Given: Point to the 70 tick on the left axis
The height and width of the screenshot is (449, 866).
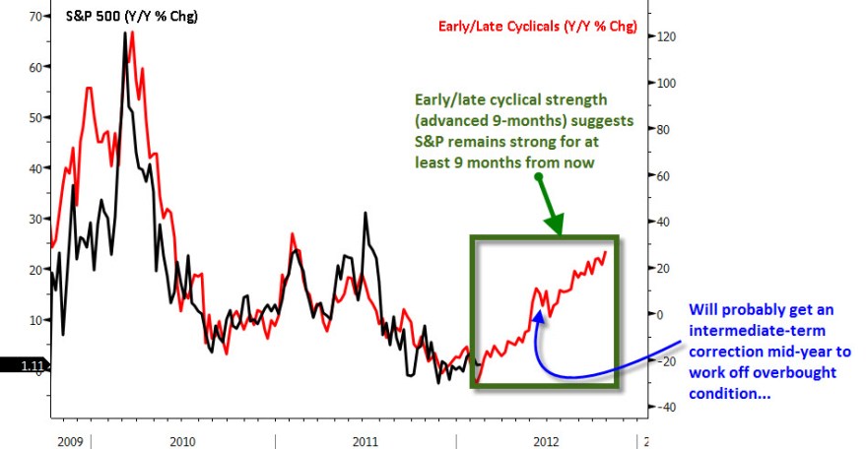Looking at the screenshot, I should (x=33, y=17).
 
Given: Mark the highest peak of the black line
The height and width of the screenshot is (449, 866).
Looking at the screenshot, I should (x=125, y=33).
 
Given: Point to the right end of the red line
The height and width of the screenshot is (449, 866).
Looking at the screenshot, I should (x=605, y=251).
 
